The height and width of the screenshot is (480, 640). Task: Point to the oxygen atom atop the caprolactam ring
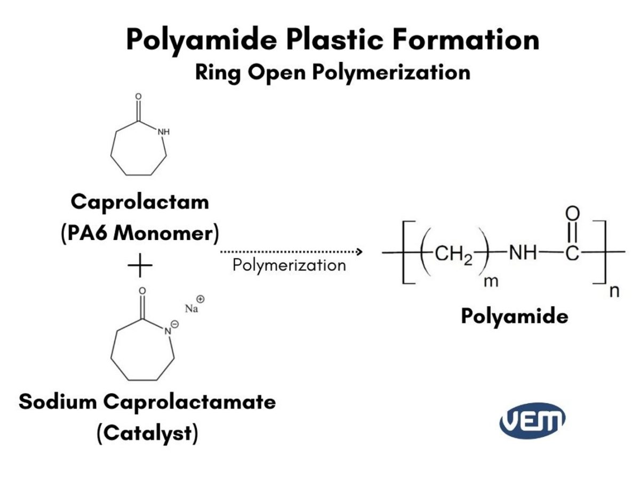click(x=139, y=98)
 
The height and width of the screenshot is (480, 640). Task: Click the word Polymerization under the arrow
click(x=289, y=265)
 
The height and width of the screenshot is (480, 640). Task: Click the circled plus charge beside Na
click(x=201, y=299)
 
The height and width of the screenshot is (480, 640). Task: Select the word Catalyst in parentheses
click(x=147, y=433)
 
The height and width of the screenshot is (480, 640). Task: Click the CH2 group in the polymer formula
click(x=453, y=254)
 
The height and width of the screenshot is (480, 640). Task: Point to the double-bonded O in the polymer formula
click(x=571, y=214)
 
